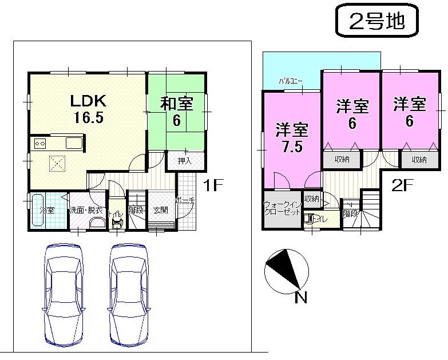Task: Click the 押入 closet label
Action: tap(184, 161)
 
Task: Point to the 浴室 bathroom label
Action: tap(47, 210)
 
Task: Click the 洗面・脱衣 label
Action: tap(86, 211)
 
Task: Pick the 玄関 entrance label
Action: tap(161, 210)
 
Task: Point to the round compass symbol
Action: tap(286, 269)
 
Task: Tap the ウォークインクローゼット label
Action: tap(282, 208)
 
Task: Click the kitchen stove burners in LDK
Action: tap(41, 143)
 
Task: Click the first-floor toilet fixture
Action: tap(117, 221)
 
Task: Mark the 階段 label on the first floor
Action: tap(136, 210)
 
